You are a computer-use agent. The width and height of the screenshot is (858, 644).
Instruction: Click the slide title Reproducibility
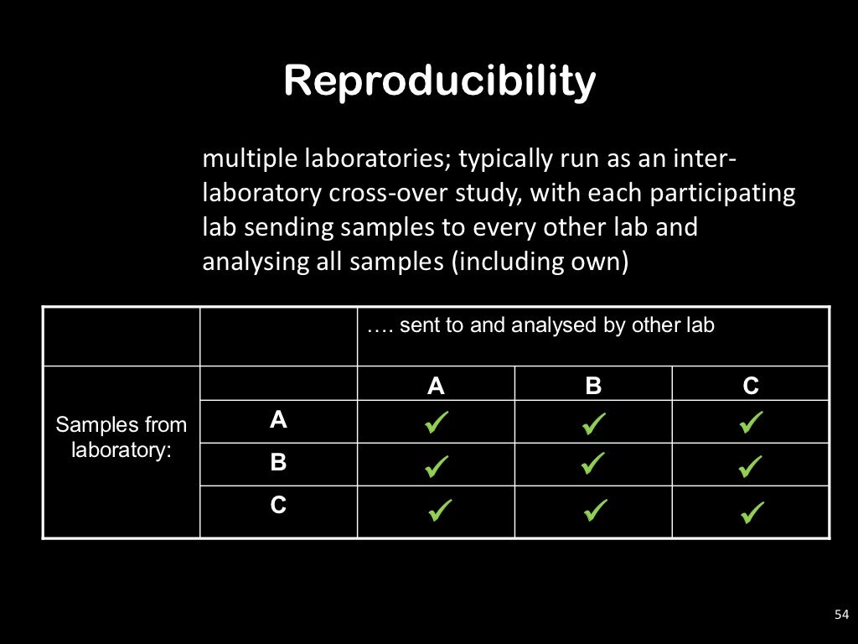(439, 81)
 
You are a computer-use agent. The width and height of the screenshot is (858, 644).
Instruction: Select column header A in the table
(436, 386)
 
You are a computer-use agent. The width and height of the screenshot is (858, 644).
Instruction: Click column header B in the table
(593, 386)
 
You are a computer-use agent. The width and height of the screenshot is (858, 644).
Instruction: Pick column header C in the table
(751, 386)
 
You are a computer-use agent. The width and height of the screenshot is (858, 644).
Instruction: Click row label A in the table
(278, 420)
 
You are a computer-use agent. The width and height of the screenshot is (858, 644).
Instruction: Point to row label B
(278, 462)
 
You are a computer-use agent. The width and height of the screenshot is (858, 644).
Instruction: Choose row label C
(278, 506)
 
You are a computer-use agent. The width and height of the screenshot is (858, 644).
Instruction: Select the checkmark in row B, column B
(593, 464)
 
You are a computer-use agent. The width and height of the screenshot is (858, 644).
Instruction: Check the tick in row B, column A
(437, 465)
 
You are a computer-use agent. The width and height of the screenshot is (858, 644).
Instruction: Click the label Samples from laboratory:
(121, 437)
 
